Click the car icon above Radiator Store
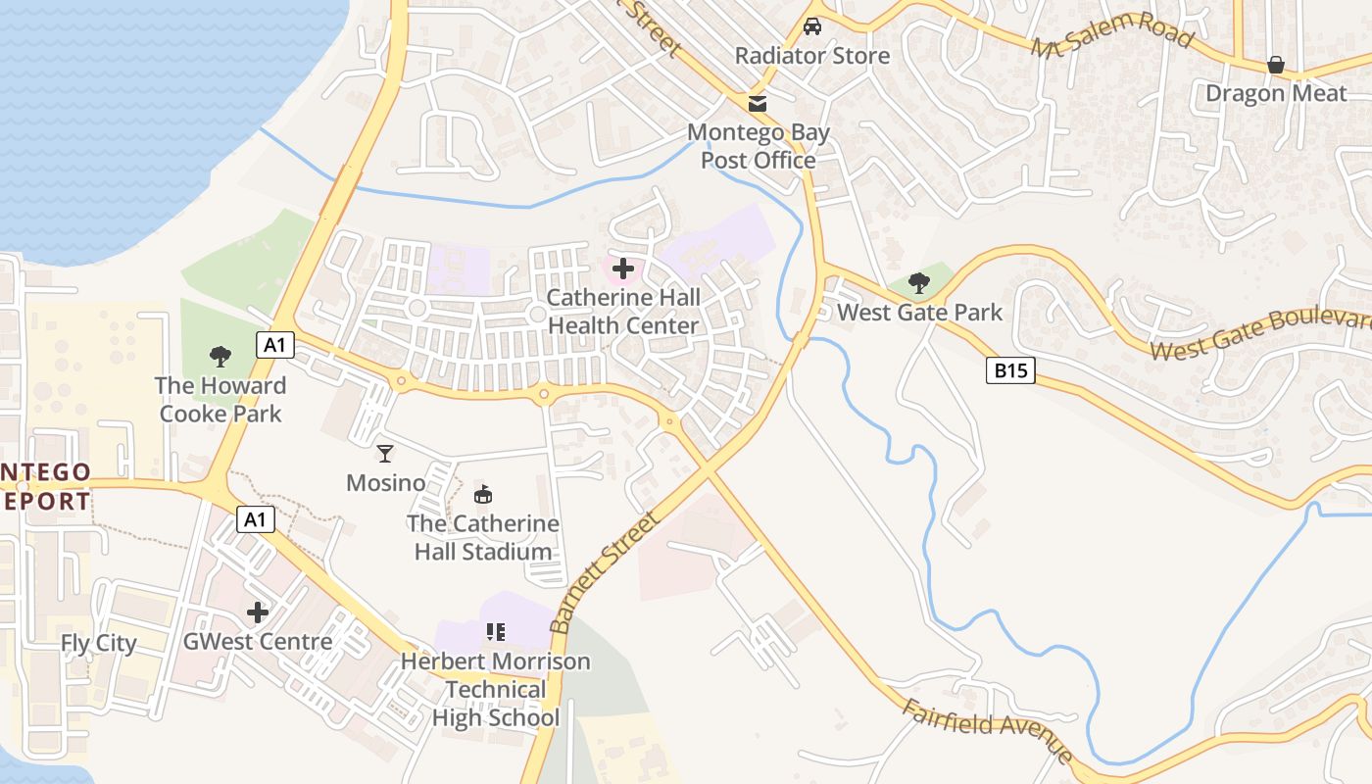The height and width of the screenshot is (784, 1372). pyautogui.click(x=811, y=26)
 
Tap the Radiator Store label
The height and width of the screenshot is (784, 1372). pyautogui.click(x=812, y=56)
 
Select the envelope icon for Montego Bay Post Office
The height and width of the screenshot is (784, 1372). pyautogui.click(x=758, y=103)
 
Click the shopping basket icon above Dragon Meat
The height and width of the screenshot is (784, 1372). pyautogui.click(x=1276, y=65)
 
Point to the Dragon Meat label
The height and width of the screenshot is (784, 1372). pyautogui.click(x=1276, y=93)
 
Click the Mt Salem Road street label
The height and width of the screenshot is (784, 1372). pyautogui.click(x=1112, y=35)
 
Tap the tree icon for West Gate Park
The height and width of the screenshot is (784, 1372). pyautogui.click(x=918, y=283)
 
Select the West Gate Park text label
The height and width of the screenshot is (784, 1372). pyautogui.click(x=919, y=313)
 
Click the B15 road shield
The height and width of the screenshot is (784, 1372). pyautogui.click(x=1009, y=370)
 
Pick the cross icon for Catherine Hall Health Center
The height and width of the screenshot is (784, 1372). pyautogui.click(x=622, y=268)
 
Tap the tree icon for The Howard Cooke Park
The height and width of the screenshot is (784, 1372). pyautogui.click(x=220, y=357)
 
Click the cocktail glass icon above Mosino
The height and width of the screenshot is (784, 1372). pyautogui.click(x=385, y=453)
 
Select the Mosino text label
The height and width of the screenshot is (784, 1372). pyautogui.click(x=385, y=483)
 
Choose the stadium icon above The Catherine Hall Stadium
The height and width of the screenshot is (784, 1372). pyautogui.click(x=482, y=495)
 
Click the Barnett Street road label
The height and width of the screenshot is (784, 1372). pyautogui.click(x=602, y=571)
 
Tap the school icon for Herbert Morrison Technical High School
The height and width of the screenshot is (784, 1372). pyautogui.click(x=495, y=632)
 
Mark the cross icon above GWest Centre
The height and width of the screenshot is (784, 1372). pyautogui.click(x=258, y=612)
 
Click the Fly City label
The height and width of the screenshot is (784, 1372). pyautogui.click(x=99, y=644)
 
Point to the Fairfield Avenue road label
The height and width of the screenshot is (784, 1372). pyautogui.click(x=987, y=731)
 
